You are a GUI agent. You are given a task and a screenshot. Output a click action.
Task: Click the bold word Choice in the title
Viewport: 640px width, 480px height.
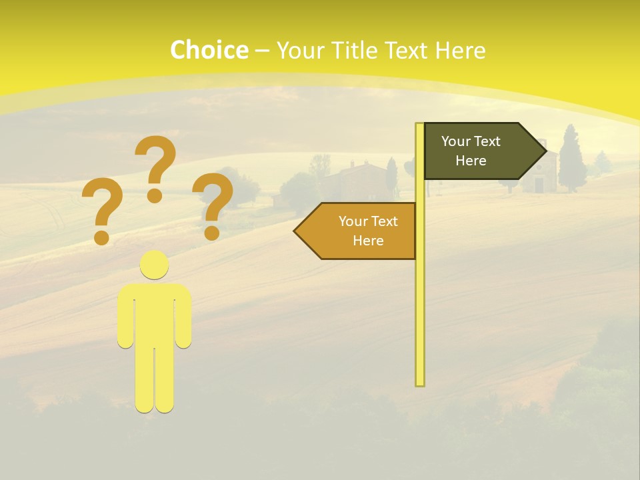click(209, 51)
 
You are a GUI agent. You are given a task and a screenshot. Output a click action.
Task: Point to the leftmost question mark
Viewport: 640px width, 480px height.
click(101, 207)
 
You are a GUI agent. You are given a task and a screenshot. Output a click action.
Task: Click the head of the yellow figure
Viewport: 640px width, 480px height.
click(155, 265)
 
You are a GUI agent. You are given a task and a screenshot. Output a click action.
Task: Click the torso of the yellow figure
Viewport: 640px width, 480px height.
click(155, 313)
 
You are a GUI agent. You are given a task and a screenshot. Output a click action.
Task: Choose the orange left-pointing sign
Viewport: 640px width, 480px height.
click(360, 231)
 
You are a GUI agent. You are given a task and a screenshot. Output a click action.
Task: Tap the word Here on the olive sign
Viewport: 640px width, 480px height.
click(471, 161)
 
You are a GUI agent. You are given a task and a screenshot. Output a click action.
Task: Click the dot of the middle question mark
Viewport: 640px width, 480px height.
click(155, 195)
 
